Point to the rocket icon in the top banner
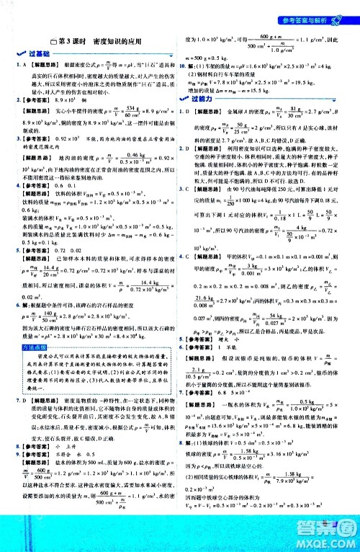tap(351, 7)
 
